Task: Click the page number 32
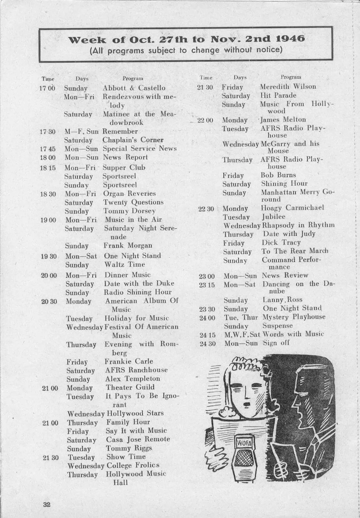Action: [47, 504]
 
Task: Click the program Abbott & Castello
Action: [134, 88]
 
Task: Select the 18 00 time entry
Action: [48, 157]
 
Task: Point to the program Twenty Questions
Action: [134, 202]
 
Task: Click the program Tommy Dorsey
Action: [129, 211]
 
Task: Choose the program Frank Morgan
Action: [128, 246]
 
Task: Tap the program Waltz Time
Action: [125, 265]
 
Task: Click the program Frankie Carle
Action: [129, 361]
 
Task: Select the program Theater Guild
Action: [130, 387]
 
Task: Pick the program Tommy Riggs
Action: [129, 448]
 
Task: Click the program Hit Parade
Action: [278, 95]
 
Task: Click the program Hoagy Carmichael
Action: [292, 208]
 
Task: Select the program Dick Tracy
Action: [281, 242]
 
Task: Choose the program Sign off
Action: [276, 343]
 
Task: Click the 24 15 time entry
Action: [207, 335]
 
